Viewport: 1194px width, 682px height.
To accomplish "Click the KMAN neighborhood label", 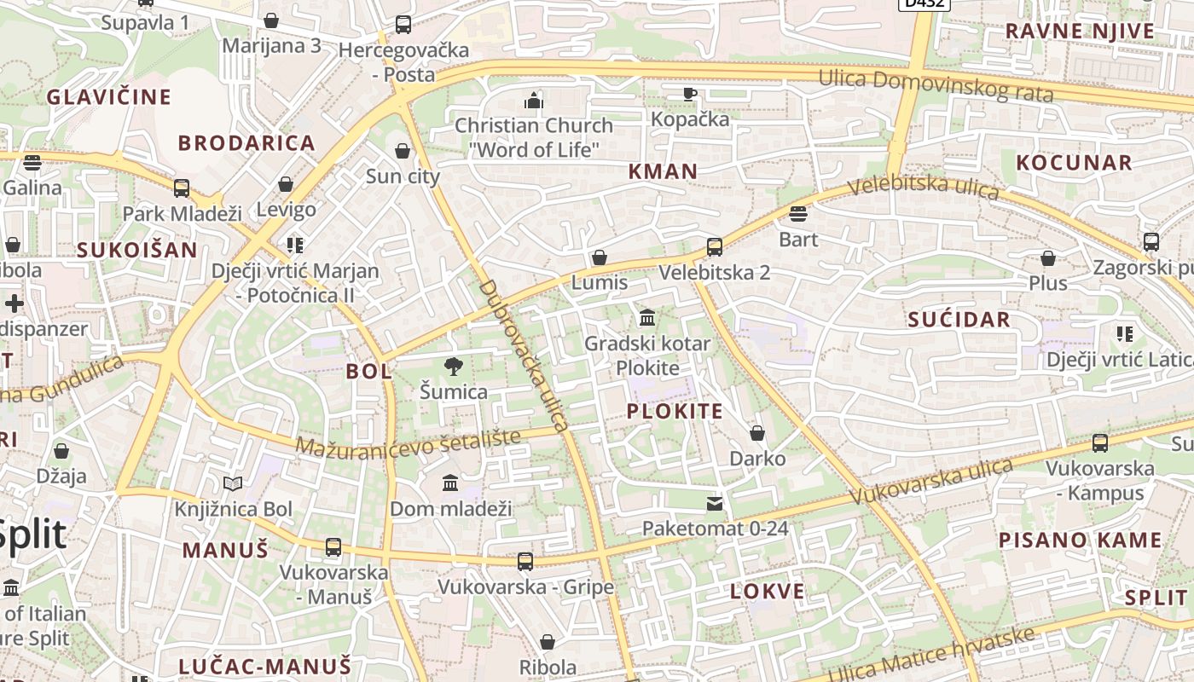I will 663,171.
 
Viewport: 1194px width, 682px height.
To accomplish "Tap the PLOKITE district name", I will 675,412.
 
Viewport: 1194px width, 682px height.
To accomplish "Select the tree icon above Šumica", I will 454,367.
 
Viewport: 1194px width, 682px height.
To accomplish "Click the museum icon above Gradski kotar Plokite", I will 647,318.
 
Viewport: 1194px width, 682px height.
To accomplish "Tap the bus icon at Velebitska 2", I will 715,247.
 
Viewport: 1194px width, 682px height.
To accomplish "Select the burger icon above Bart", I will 798,213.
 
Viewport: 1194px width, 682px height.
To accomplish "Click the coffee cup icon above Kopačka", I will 690,94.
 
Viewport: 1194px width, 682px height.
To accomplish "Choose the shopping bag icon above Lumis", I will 600,257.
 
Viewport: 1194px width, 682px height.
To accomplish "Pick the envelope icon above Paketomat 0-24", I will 715,504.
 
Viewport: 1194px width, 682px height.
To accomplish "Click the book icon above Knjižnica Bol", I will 233,484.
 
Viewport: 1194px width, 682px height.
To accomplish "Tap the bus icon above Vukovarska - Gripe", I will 525,561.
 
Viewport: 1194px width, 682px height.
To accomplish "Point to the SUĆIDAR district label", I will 959,321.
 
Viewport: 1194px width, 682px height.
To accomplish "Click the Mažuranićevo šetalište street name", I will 408,443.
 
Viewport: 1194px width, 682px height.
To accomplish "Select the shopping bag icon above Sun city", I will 403,151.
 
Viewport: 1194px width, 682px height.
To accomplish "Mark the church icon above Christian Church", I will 534,101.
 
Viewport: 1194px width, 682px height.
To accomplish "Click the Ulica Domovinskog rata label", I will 936,85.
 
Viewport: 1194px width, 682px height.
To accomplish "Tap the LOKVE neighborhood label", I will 767,592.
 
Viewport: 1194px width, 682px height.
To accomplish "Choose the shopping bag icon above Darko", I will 757,433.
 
